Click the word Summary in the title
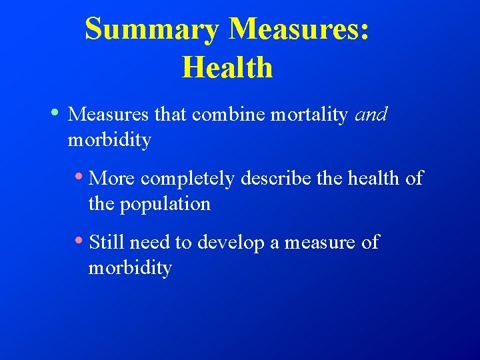coord(153,30)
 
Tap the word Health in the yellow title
coord(227,67)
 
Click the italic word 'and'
coord(371,115)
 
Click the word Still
coord(107,242)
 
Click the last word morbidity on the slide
coord(130,268)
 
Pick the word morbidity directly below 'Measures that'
coord(109,141)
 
